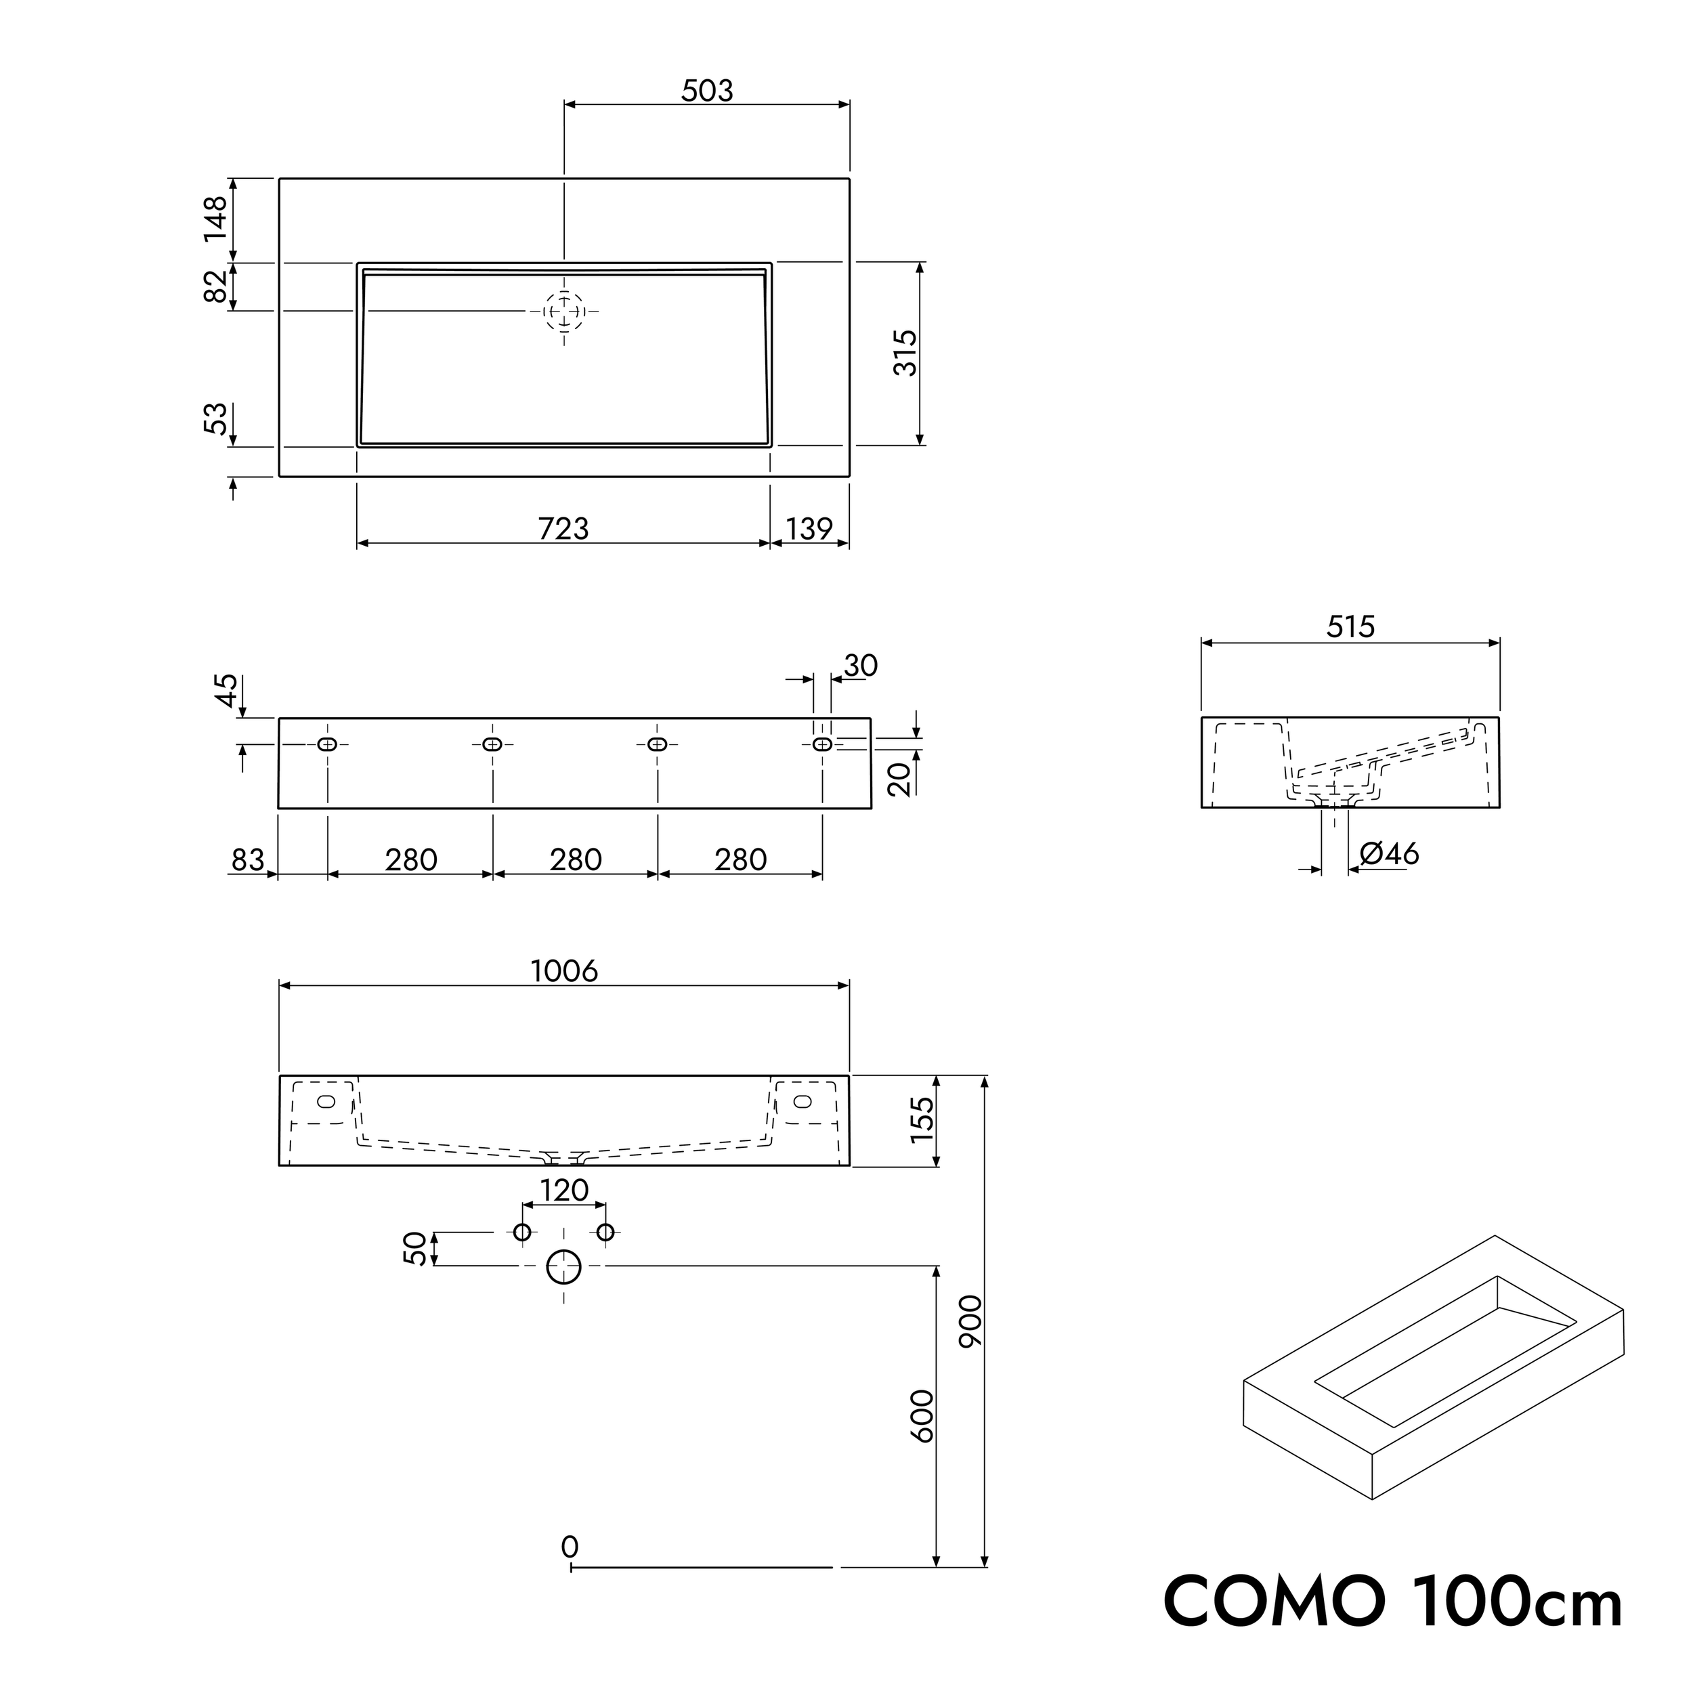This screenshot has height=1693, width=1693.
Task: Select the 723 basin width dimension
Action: coord(563,530)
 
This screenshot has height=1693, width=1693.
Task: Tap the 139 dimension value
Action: coord(809,530)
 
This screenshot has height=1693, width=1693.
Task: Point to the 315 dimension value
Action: coord(905,353)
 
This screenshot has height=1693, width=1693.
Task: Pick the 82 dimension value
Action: coord(215,286)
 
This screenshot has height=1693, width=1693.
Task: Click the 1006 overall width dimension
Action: coord(564,971)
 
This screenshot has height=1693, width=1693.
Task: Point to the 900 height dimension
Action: coord(972,1321)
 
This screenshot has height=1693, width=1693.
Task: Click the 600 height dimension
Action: coord(923,1416)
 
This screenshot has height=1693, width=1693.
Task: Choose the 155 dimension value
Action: coord(924,1120)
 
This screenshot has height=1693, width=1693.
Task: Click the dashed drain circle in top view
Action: coord(564,311)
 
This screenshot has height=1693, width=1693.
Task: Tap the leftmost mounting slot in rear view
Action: coord(328,745)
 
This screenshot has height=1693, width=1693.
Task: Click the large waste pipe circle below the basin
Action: coord(563,1266)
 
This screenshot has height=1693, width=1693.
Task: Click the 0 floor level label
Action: coord(570,1547)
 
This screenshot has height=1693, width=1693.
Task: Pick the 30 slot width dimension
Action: coord(861,666)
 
